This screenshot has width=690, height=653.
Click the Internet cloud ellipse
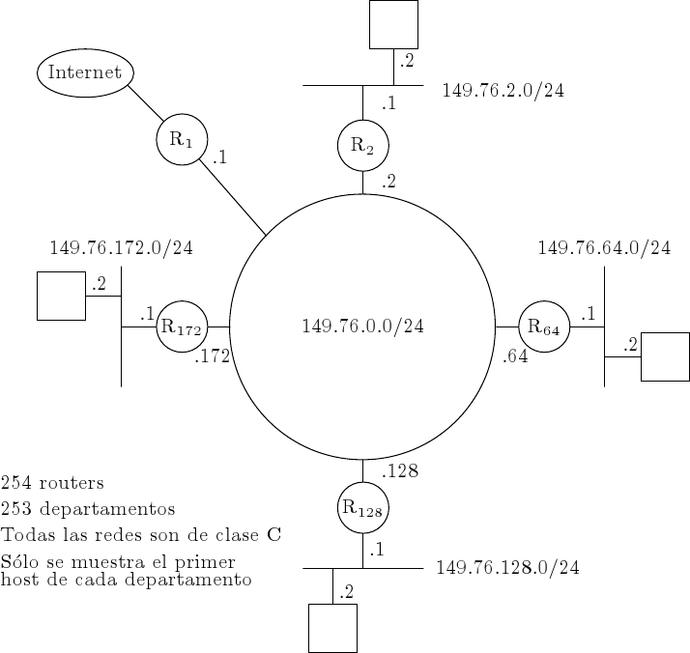[85, 72]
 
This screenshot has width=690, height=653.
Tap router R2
[362, 146]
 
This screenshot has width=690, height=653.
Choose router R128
[362, 508]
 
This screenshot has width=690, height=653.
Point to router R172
[182, 327]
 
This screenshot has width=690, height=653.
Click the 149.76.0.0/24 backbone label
[362, 326]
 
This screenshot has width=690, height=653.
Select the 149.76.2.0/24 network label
[503, 92]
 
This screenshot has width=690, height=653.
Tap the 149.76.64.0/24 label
[604, 248]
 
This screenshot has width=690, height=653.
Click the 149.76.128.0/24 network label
[507, 568]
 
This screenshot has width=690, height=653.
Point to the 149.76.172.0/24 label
[121, 248]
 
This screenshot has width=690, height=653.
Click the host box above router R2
[394, 24]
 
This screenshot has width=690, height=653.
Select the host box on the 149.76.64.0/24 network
[665, 356]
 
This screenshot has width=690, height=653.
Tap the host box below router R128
[332, 628]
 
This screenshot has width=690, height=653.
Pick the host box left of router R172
[61, 296]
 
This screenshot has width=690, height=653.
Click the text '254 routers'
[52, 482]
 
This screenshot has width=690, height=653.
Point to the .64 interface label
[515, 356]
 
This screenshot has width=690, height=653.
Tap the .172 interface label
[212, 357]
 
